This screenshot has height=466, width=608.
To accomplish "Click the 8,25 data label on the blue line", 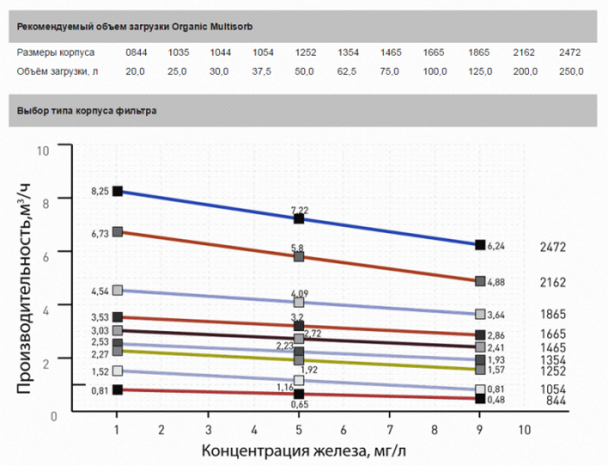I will click(x=100, y=190).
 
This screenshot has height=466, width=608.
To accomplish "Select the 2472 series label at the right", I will click(x=552, y=248).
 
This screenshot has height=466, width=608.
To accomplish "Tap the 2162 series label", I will click(x=552, y=283).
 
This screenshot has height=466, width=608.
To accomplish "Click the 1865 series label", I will click(x=552, y=314).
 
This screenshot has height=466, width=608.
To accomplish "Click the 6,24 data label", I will click(x=497, y=246).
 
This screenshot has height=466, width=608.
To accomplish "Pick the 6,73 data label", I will click(x=100, y=233).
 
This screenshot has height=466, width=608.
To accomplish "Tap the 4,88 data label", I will click(x=497, y=282).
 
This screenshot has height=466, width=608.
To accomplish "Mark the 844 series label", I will click(x=556, y=401).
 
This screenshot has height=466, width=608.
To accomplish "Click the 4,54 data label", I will click(x=100, y=290).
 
